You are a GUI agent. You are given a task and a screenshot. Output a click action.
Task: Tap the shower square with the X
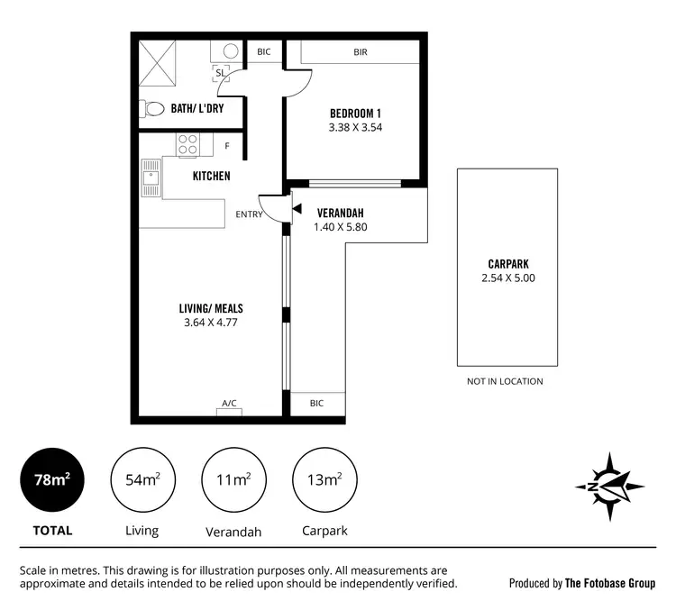(x=159, y=60)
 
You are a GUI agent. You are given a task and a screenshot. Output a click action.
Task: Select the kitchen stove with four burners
(x=187, y=144)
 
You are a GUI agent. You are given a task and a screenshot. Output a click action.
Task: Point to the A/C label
(x=229, y=404)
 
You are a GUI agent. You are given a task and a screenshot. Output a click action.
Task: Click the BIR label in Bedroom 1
(x=360, y=52)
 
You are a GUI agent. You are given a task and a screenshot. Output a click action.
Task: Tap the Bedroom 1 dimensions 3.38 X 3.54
(x=355, y=128)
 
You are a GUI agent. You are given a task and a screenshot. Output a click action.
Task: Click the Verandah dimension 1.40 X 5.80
(x=340, y=227)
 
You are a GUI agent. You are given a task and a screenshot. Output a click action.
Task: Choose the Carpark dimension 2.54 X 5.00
(x=508, y=278)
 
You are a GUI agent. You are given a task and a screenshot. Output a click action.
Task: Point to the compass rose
(x=610, y=486)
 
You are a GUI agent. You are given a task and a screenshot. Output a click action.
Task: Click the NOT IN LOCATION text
(x=505, y=381)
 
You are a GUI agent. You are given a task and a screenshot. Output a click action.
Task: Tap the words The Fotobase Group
(x=610, y=583)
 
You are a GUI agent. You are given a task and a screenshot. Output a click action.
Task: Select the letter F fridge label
(x=227, y=146)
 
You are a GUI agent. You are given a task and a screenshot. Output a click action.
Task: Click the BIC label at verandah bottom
(x=315, y=404)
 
